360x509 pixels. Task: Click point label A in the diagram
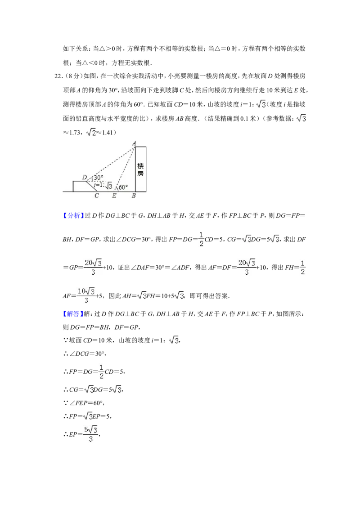[134, 143]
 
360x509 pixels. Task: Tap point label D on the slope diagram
[85, 177]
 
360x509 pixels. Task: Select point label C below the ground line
[96, 196]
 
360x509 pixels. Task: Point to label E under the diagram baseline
[114, 196]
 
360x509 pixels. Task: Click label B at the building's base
[134, 196]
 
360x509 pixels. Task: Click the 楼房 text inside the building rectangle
[140, 170]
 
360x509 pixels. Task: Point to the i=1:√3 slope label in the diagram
[103, 185]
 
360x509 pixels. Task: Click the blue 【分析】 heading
[72, 215]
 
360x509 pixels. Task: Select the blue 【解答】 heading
[72, 314]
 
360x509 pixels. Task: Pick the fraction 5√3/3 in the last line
[90, 434]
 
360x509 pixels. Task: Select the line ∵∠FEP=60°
[84, 403]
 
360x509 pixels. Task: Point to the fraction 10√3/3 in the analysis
[86, 295]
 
